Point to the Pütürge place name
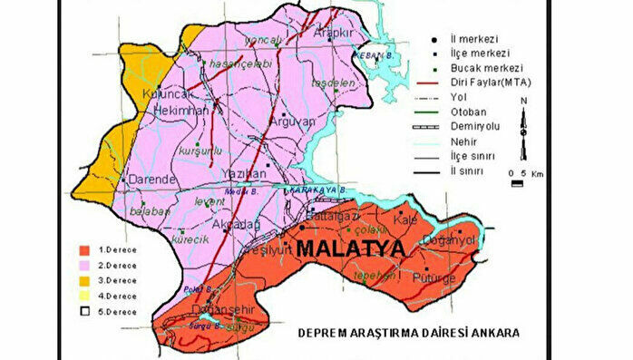pos(433,277)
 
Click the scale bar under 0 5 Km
pos(517,182)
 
